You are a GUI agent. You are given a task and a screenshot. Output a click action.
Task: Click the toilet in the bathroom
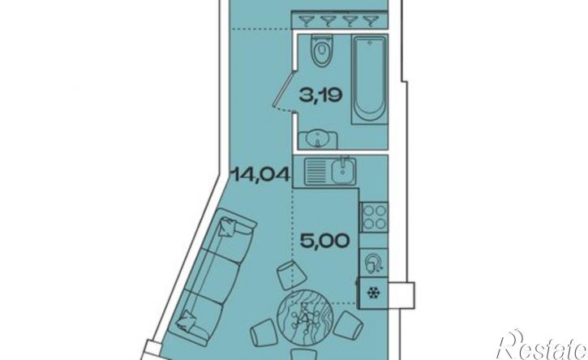[x=322, y=51]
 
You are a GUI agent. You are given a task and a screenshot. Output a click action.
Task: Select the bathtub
[x=369, y=79]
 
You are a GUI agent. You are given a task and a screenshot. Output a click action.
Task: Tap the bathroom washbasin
[x=318, y=140]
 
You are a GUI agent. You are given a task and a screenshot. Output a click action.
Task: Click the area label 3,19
[x=320, y=95]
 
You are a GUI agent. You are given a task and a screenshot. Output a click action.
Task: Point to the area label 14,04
[x=261, y=174]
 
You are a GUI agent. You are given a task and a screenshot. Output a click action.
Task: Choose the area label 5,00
[x=325, y=241]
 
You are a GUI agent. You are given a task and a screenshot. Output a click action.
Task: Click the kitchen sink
[x=330, y=171]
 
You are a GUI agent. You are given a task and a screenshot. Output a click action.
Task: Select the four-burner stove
[x=374, y=216]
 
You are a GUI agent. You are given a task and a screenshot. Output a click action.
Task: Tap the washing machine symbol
[x=374, y=263]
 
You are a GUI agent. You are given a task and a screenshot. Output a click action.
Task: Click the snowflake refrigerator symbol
[x=373, y=293]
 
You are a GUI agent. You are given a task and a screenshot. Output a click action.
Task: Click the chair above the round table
[x=291, y=275]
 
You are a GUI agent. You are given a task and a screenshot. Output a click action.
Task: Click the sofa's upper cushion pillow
[x=229, y=226]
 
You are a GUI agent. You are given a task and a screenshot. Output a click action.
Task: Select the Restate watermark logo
[x=543, y=345]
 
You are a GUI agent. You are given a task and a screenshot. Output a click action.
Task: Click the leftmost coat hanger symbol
[x=307, y=20]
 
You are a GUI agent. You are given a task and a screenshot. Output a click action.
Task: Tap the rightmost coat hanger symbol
[x=371, y=20]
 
